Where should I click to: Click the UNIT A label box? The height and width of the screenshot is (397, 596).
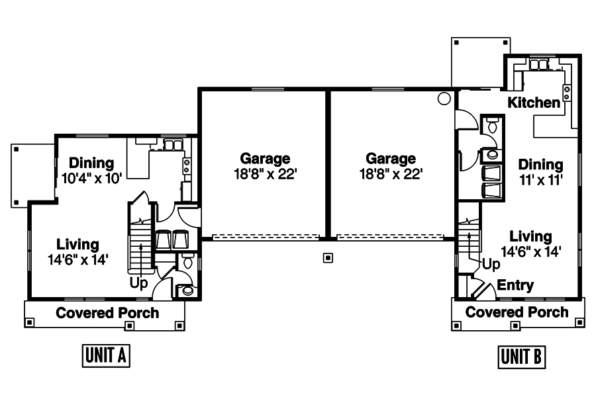click(x=105, y=355)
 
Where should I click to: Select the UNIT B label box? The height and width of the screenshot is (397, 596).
click(x=522, y=357)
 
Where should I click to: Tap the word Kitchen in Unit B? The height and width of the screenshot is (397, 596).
click(x=534, y=103)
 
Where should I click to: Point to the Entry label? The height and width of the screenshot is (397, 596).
click(x=515, y=285)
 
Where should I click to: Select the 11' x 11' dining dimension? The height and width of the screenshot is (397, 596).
click(x=540, y=179)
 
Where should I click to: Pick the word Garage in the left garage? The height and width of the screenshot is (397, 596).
click(x=265, y=159)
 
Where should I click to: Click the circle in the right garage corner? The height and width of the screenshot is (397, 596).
click(x=444, y=99)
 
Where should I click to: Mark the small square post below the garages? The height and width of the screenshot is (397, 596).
click(x=327, y=257)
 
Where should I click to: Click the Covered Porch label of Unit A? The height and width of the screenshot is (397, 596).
click(x=107, y=313)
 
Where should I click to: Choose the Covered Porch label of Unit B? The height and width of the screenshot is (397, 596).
click(x=517, y=312)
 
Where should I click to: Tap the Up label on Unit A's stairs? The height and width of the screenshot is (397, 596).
click(x=139, y=283)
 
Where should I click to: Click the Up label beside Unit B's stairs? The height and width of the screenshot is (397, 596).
click(x=491, y=264)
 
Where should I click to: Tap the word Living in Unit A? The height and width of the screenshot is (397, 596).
click(x=77, y=245)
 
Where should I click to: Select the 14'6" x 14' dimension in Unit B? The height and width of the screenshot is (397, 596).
click(x=531, y=251)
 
